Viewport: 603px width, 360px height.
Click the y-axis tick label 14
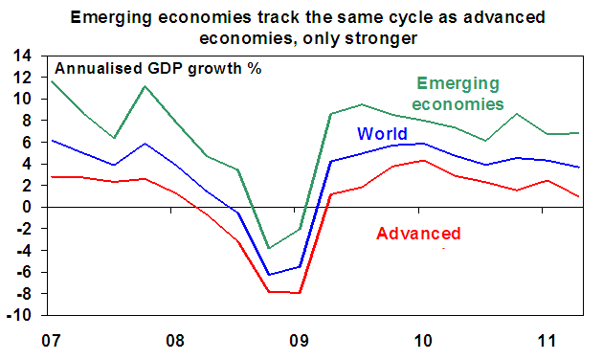point(22,56)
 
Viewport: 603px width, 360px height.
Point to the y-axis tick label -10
point(18,315)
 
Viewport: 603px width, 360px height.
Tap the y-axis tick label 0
point(26,208)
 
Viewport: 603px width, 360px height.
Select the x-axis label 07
point(51,341)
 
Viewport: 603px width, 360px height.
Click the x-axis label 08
point(175,341)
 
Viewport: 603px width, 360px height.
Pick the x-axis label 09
point(300,341)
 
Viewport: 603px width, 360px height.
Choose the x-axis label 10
point(423,341)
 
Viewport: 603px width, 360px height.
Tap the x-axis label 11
point(547,341)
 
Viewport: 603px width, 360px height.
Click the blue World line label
point(382,133)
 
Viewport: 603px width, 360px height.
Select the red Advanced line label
point(418,233)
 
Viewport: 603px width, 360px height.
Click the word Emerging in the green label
point(458,84)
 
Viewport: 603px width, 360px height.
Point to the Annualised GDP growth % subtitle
point(159,69)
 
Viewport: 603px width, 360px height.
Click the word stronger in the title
point(381,38)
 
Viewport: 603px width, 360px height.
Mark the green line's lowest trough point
point(269,248)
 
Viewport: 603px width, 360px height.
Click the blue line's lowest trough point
point(269,275)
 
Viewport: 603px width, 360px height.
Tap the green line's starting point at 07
point(52,81)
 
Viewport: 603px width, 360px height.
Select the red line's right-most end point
point(579,196)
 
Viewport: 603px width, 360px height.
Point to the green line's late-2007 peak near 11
point(145,86)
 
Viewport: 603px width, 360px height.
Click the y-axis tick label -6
point(22,272)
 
